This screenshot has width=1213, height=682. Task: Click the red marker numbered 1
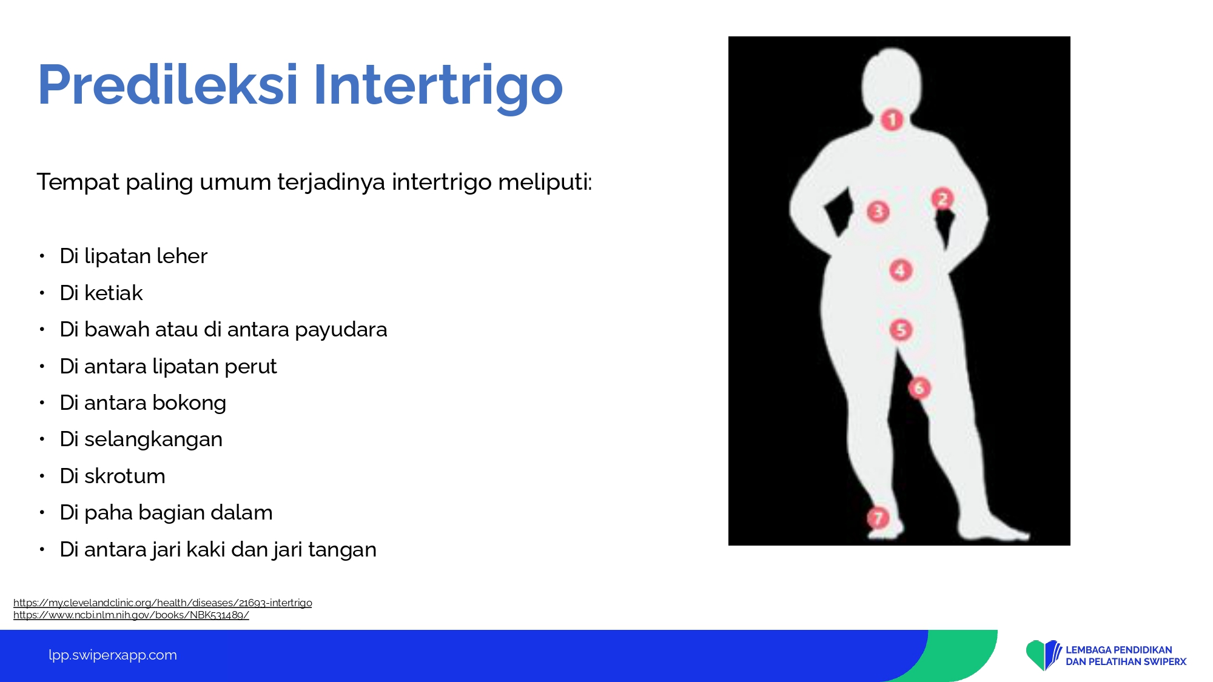point(892,120)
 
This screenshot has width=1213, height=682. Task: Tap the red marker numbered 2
point(943,199)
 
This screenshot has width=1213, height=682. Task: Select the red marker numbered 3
point(878,212)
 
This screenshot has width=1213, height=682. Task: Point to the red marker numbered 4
point(901,270)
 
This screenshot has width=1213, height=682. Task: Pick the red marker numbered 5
point(901,330)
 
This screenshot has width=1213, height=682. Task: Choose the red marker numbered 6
point(919,388)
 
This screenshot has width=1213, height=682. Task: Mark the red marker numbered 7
point(878,518)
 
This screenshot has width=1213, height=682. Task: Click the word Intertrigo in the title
point(438,85)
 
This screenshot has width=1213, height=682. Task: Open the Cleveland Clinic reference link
point(163,603)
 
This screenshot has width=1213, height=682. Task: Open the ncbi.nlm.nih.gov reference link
point(131,615)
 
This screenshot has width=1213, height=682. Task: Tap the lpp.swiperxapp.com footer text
point(113,655)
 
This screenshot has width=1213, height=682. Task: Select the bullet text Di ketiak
point(101,293)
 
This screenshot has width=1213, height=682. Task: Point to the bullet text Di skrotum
point(112,476)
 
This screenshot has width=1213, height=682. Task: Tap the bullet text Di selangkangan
point(141,440)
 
